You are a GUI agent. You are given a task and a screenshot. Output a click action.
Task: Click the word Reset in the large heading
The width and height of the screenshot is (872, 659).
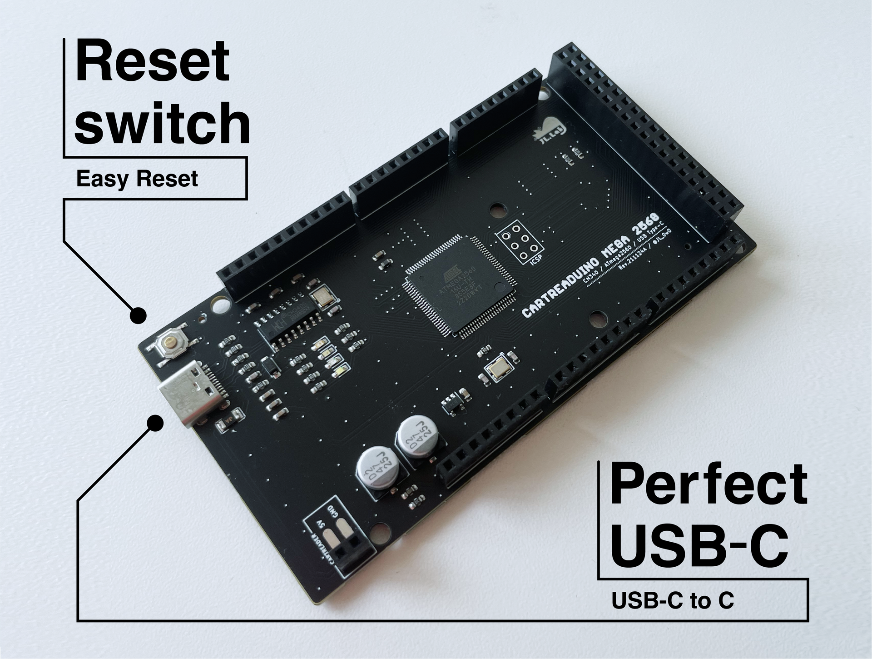click(153, 61)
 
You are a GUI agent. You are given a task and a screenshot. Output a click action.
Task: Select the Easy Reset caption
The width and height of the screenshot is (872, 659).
click(137, 179)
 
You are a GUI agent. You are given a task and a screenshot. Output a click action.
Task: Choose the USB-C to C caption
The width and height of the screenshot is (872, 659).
click(673, 601)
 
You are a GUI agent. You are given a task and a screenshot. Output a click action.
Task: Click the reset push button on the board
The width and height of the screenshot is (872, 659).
click(169, 344)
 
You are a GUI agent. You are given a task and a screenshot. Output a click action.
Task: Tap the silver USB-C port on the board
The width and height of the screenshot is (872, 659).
click(191, 393)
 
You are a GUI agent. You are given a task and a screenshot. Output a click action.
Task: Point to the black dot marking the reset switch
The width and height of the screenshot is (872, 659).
click(138, 315)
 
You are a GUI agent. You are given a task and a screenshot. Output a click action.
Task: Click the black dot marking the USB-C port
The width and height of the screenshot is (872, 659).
click(155, 423)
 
